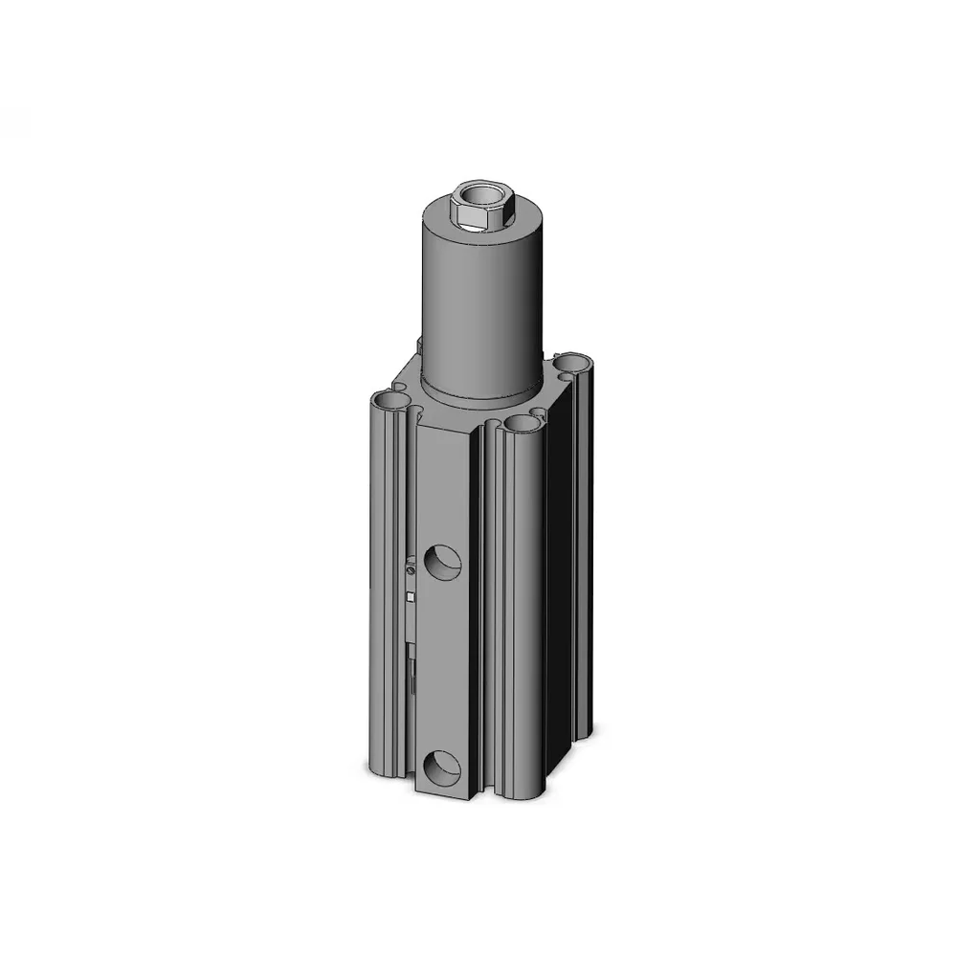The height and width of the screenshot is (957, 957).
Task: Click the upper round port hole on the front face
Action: [443, 562]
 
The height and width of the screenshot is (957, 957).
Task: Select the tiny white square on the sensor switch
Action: [411, 596]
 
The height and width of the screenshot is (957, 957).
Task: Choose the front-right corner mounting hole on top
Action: [523, 422]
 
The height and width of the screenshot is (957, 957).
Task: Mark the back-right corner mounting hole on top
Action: [573, 363]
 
